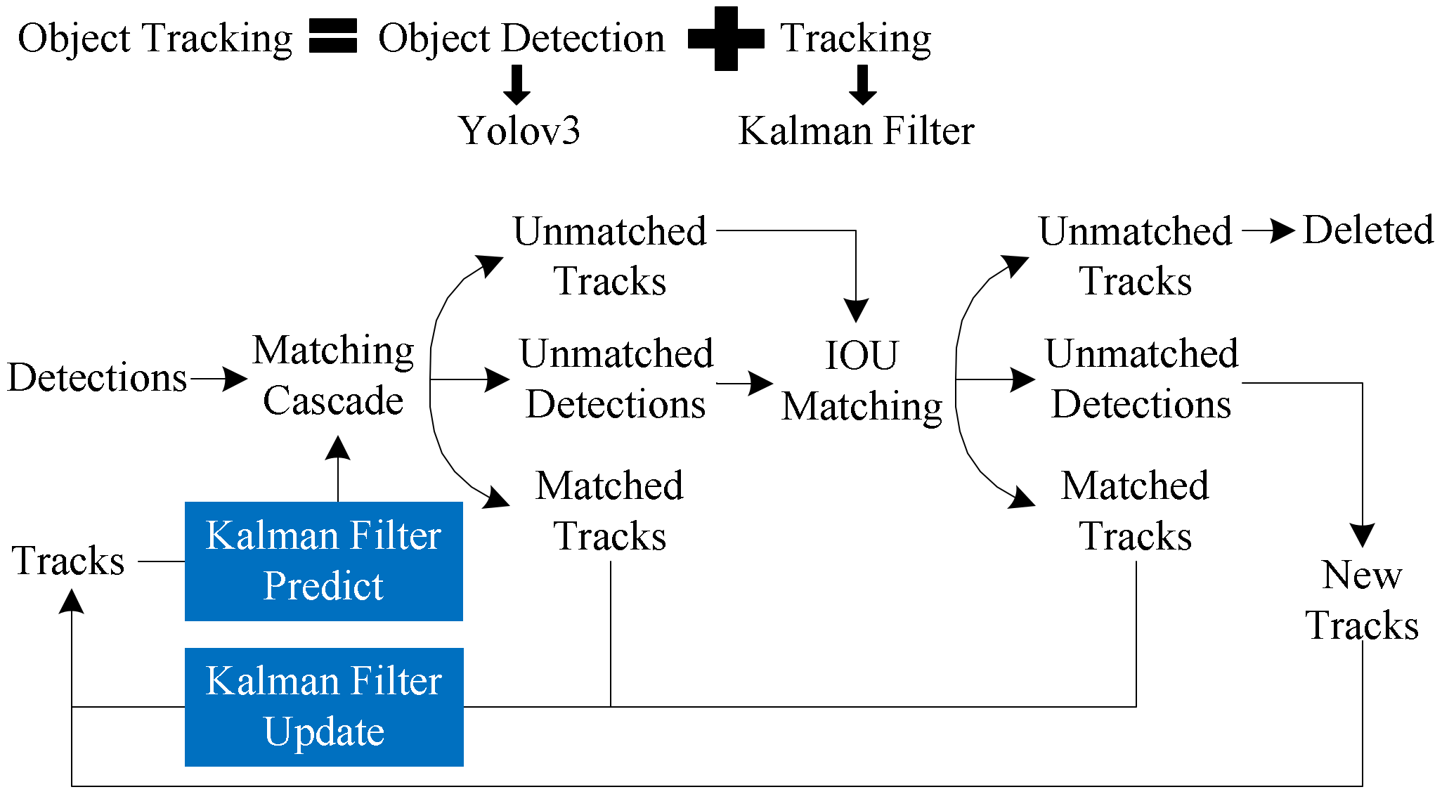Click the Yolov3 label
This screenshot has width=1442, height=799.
pyautogui.click(x=519, y=131)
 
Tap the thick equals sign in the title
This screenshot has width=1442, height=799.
pyautogui.click(x=333, y=37)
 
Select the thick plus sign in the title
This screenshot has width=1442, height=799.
pyautogui.click(x=726, y=39)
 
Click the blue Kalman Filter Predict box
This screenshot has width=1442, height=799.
pyautogui.click(x=323, y=561)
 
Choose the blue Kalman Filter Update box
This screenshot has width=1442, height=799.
pyautogui.click(x=323, y=706)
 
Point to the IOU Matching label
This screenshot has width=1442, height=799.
pyautogui.click(x=862, y=380)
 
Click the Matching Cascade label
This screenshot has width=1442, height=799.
pyautogui.click(x=333, y=375)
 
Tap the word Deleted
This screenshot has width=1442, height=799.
pyautogui.click(x=1368, y=230)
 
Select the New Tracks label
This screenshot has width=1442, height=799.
pyautogui.click(x=1361, y=599)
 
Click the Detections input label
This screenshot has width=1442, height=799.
pyautogui.click(x=97, y=378)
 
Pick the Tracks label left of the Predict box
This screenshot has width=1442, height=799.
pyautogui.click(x=68, y=561)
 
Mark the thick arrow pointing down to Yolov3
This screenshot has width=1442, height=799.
pyautogui.click(x=517, y=85)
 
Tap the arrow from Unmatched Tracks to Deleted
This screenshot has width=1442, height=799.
pyautogui.click(x=1268, y=230)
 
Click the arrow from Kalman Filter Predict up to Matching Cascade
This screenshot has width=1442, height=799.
pyautogui.click(x=338, y=467)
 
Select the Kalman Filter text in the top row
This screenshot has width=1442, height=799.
pyautogui.click(x=856, y=131)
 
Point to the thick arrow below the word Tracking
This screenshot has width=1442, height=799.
pyautogui.click(x=862, y=85)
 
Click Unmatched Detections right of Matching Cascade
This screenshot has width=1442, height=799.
pyautogui.click(x=616, y=379)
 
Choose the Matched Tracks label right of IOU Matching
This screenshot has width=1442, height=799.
pyautogui.click(x=1135, y=511)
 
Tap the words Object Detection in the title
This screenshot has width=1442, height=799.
pyautogui.click(x=521, y=38)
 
